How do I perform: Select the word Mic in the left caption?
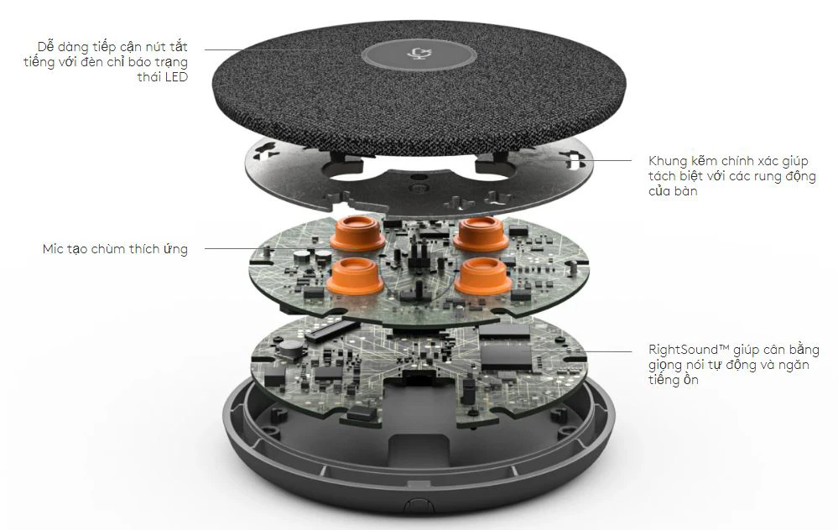[x=54, y=249]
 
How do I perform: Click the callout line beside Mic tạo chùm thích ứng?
[x=226, y=248]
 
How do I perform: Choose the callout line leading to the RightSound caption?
[x=608, y=351]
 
